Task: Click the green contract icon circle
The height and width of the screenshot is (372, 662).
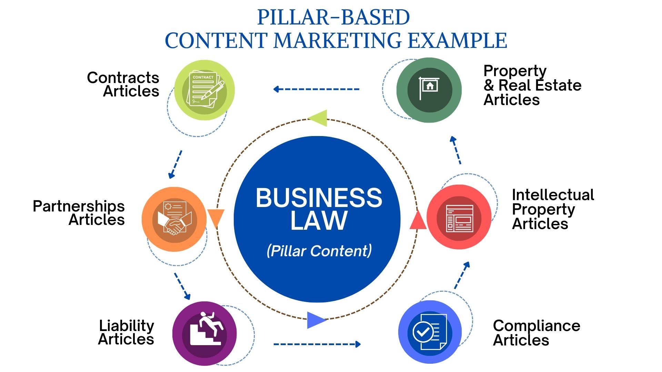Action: click(204, 90)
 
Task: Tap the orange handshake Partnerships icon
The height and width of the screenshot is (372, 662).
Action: click(174, 219)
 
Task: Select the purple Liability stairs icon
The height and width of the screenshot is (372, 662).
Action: click(204, 333)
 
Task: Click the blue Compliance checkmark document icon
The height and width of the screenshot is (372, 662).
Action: click(430, 332)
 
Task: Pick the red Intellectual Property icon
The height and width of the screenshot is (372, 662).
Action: click(459, 217)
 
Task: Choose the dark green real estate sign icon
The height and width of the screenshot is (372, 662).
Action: click(429, 90)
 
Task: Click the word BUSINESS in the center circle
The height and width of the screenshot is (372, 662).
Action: click(319, 198)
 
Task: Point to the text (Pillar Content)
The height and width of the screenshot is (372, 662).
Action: click(319, 251)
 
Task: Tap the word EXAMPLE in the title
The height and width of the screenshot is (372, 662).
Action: click(457, 40)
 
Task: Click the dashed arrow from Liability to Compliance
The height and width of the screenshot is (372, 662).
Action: click(317, 344)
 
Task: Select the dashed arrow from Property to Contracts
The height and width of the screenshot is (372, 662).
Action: click(316, 89)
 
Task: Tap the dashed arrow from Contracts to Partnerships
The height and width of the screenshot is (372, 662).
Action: click(175, 164)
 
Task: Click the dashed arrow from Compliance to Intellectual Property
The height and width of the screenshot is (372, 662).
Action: click(462, 275)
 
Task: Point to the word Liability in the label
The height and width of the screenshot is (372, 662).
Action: click(127, 326)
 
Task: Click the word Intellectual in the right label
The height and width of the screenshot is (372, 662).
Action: click(553, 195)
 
